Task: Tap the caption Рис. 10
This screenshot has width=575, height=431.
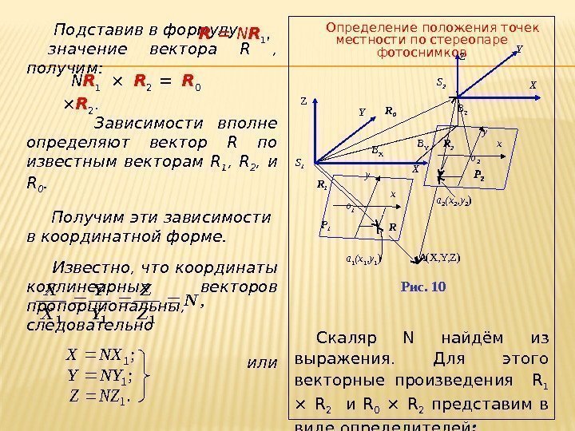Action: (424, 287)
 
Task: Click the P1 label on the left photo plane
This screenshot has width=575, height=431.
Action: (326, 226)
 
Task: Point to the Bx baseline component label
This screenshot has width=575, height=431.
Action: (378, 148)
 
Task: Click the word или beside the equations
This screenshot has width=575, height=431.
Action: (263, 363)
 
